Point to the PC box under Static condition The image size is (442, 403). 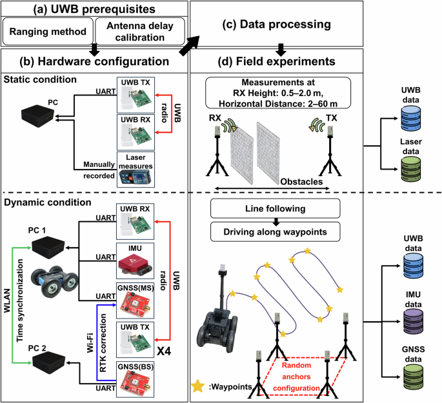35,115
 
